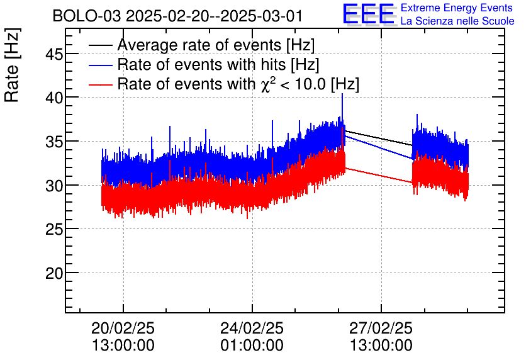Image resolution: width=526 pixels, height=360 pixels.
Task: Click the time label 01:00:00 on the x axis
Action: [x=252, y=346]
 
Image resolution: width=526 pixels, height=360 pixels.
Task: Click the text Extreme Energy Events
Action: [x=457, y=8]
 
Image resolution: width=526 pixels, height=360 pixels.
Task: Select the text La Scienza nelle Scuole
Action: [x=457, y=21]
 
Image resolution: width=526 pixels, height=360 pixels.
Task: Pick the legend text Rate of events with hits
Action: [x=218, y=65]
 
